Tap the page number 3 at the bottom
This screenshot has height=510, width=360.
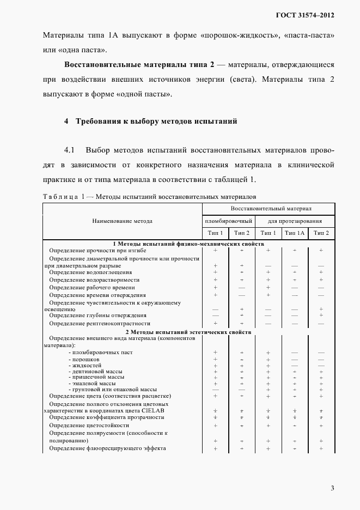tap(332, 488)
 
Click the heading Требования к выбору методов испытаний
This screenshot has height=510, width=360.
tap(156, 121)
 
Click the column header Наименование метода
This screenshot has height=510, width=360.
tap(123, 221)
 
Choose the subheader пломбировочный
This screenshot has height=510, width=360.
tap(228, 221)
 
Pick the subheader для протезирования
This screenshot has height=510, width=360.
tap(295, 221)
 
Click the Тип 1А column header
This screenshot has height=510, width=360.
tap(295, 233)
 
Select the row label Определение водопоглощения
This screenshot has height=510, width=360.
tap(90, 272)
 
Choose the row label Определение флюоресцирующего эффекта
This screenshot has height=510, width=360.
tap(107, 448)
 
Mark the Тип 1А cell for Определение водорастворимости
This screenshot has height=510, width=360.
tap(295, 280)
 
